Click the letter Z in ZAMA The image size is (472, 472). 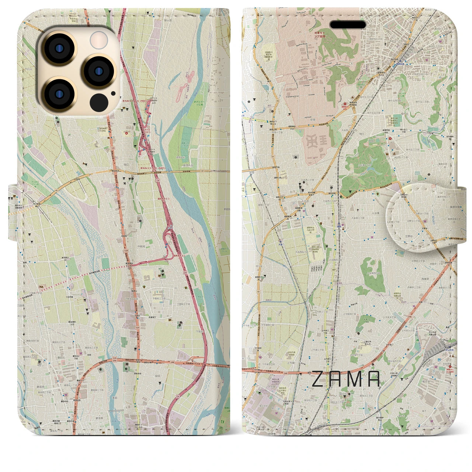click(319, 379)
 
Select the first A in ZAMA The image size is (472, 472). click(335, 379)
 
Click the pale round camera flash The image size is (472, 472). click(99, 39)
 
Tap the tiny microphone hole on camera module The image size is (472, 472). click(113, 94)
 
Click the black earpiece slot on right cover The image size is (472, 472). click(348, 25)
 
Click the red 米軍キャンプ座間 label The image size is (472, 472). click(316, 35)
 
